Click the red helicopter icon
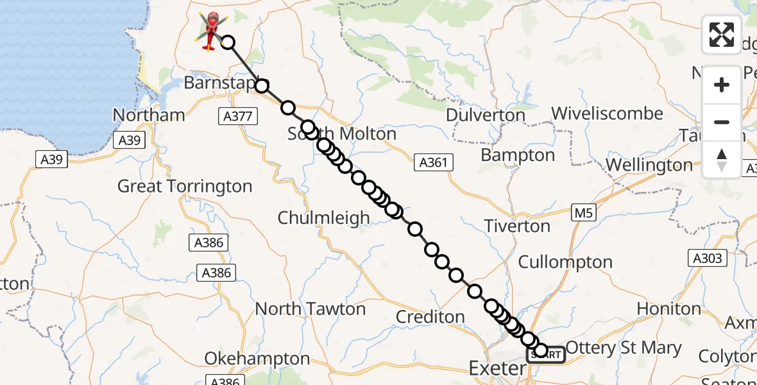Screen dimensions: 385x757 (211, 30)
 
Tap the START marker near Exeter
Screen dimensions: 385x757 (546, 355)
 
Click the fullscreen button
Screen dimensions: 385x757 (722, 35)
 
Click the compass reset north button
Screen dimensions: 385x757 (722, 160)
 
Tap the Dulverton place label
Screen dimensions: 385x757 (485, 116)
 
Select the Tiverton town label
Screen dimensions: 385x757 (517, 226)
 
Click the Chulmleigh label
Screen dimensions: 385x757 (323, 218)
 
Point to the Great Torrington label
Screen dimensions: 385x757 (185, 187)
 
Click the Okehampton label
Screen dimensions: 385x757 (257, 358)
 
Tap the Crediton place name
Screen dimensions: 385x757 (430, 316)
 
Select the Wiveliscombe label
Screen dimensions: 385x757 (607, 114)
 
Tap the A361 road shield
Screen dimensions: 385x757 (433, 163)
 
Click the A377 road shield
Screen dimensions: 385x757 (238, 116)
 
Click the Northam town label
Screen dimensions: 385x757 (149, 116)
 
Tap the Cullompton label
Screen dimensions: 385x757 (565, 262)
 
